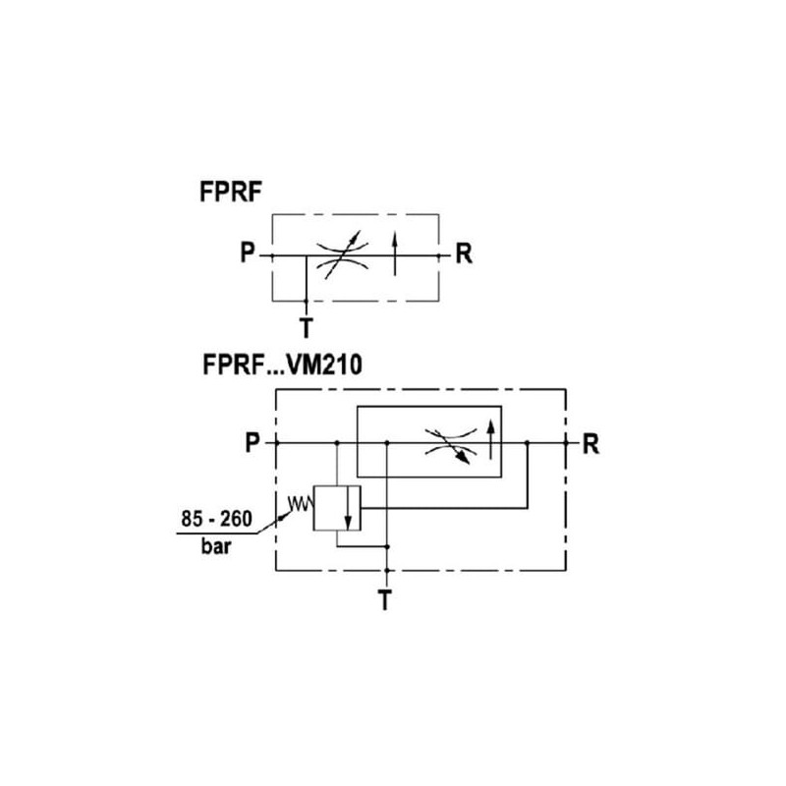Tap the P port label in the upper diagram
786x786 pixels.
coord(247,255)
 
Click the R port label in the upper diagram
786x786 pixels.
coord(464,255)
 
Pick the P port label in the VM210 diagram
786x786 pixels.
coord(253,444)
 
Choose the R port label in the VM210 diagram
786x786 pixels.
coord(589,444)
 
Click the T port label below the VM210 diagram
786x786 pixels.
coord(388,598)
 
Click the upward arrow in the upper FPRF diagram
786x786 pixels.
coord(395,253)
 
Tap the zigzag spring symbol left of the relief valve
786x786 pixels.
coord(298,507)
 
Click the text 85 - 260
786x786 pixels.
coord(218,517)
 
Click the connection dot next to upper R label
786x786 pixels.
coord(439,255)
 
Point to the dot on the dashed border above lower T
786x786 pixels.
coord(388,570)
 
